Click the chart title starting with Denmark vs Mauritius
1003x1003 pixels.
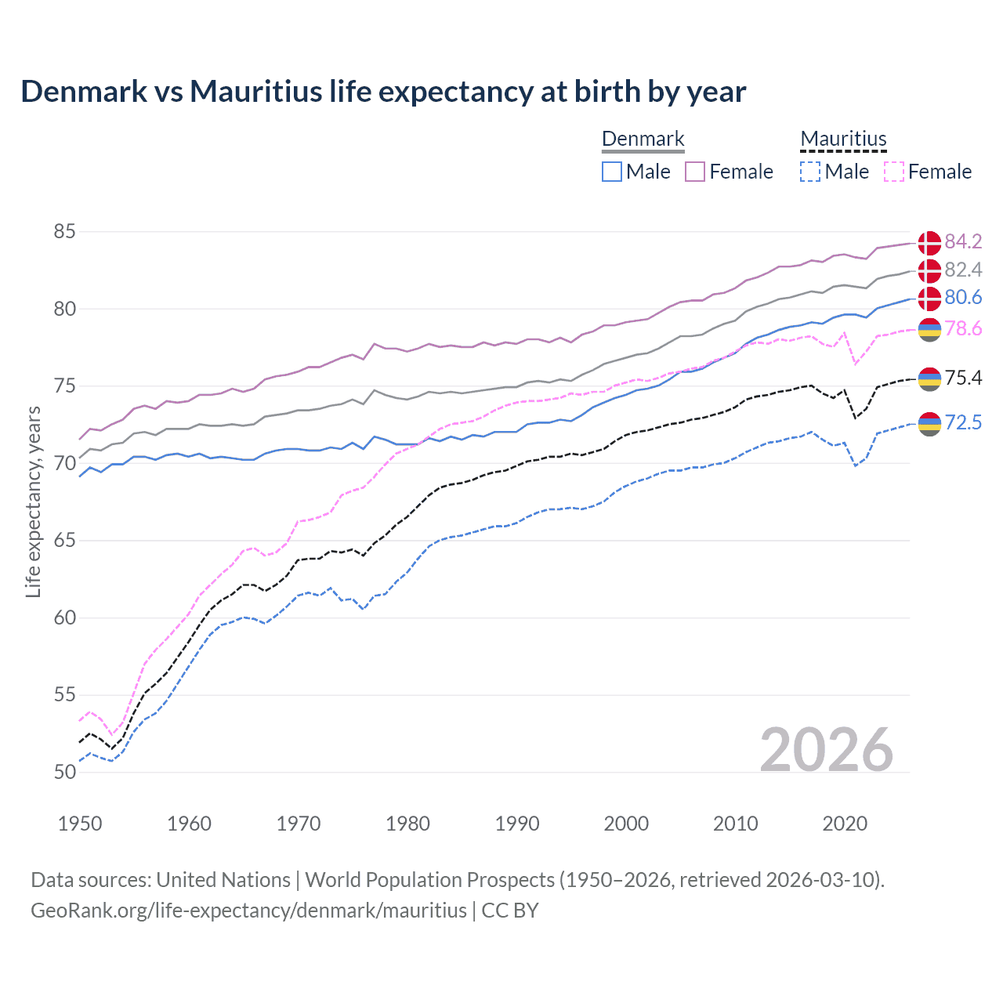(x=383, y=92)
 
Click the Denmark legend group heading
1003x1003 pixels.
(x=643, y=139)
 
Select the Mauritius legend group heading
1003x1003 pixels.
(x=843, y=139)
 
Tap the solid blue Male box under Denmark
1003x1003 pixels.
(x=612, y=172)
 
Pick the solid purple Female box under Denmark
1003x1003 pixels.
(x=695, y=172)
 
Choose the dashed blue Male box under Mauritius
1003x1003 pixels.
(x=810, y=172)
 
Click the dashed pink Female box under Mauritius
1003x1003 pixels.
(x=893, y=172)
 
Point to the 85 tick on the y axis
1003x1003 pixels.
(x=65, y=232)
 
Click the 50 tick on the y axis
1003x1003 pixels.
(x=65, y=772)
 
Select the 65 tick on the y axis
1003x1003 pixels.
(x=65, y=541)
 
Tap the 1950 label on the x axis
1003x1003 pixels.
(x=80, y=824)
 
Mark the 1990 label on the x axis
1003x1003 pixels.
(x=517, y=824)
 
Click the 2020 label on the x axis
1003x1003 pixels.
(x=845, y=824)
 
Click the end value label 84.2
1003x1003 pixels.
(x=963, y=241)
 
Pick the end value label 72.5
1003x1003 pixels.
(x=963, y=423)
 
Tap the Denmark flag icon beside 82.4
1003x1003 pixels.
(x=929, y=270)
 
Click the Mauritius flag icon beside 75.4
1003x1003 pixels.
(x=929, y=378)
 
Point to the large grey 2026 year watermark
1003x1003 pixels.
(x=827, y=750)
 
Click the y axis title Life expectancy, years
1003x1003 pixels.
(x=33, y=501)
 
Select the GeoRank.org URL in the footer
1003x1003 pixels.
(x=248, y=911)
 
